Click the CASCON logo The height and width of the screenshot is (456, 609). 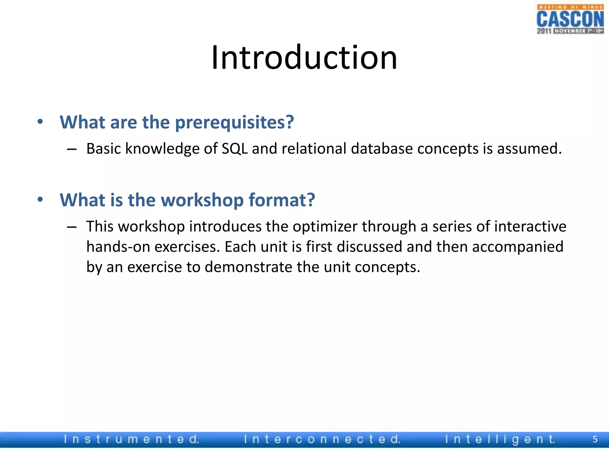click(x=570, y=19)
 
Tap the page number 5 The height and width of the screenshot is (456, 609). click(x=595, y=439)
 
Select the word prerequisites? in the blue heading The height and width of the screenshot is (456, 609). click(x=234, y=123)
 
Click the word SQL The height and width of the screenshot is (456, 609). click(x=235, y=148)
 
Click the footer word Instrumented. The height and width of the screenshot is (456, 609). click(x=131, y=439)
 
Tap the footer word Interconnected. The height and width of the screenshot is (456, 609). click(x=322, y=439)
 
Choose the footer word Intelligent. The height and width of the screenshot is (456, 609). click(x=500, y=439)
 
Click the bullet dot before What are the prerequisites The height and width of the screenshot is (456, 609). click(x=40, y=122)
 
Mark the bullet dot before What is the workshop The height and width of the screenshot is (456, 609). click(x=40, y=199)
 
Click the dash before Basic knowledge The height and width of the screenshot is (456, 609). click(x=72, y=149)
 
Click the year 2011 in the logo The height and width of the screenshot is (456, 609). click(x=544, y=31)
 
